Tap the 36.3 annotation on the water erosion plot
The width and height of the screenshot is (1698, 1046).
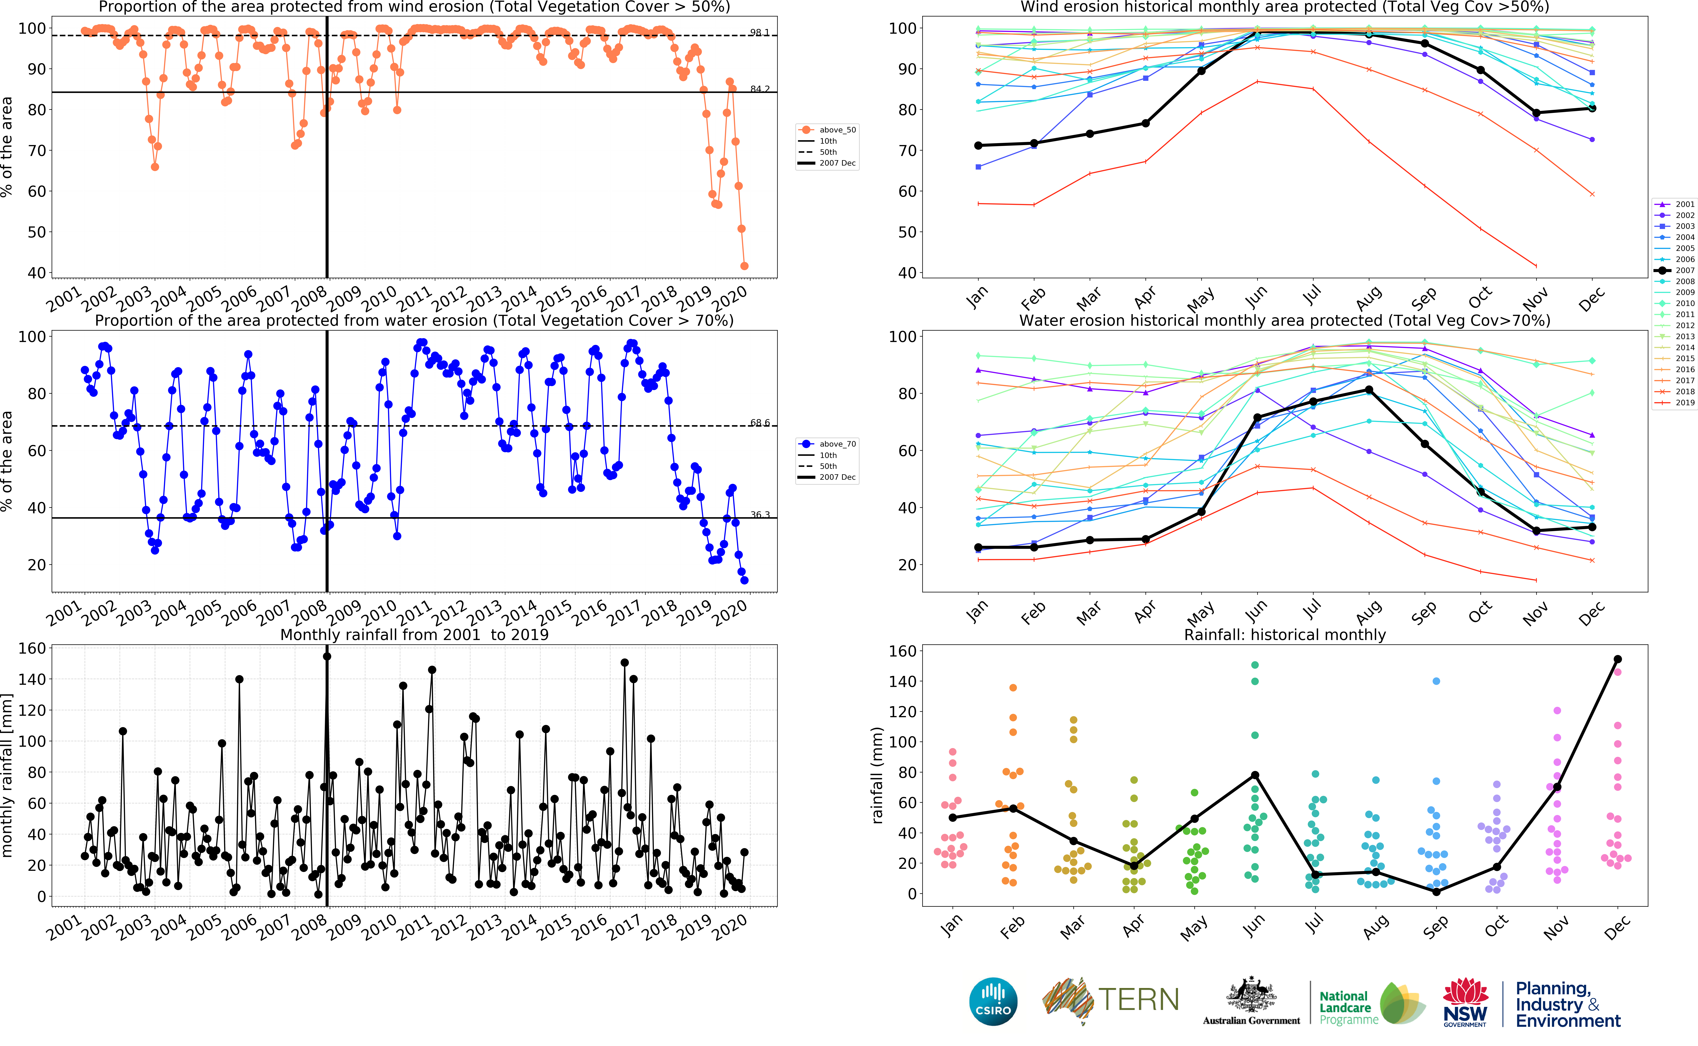point(759,515)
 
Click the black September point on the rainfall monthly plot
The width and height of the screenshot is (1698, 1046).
point(1436,892)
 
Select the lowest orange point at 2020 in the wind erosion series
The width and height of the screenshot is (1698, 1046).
point(744,266)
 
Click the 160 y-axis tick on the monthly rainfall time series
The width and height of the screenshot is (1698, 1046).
point(32,648)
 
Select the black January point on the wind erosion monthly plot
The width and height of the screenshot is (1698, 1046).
point(978,145)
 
